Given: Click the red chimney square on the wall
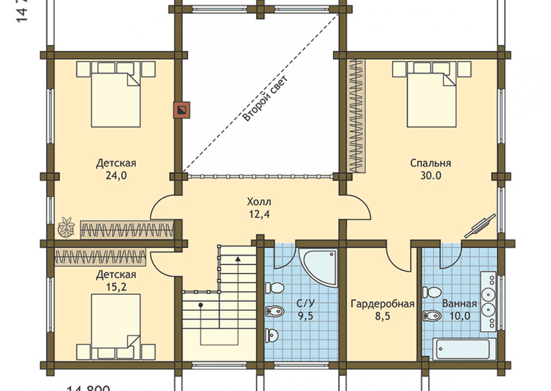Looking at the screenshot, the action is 182,110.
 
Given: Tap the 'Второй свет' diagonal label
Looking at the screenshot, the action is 266,99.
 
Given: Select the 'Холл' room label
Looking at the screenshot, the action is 259,202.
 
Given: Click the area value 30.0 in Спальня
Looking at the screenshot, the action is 431,176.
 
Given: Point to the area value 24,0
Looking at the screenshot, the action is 117,176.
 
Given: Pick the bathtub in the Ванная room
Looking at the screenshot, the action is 463,349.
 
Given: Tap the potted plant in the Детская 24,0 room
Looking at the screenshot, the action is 67,226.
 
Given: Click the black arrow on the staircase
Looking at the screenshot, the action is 238,259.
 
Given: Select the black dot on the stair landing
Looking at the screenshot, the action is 201,305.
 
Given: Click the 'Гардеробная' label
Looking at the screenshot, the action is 382,304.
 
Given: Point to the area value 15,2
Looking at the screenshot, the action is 117,287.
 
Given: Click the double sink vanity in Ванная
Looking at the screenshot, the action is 488,301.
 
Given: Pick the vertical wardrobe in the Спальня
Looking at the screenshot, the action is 356,115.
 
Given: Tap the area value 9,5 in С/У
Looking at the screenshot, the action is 306,316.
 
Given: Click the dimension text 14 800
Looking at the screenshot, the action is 88,388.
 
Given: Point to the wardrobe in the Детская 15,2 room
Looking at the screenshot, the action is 100,257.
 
